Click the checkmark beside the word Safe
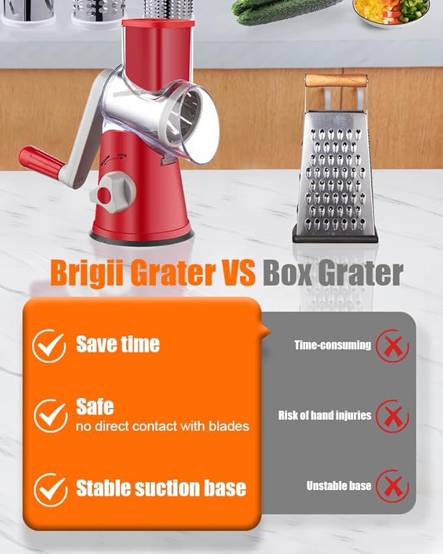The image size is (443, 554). tap(50, 415)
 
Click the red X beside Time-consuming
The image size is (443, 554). tap(392, 346)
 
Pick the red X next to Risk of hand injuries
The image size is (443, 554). tap(392, 416)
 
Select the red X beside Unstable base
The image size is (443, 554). tap(392, 486)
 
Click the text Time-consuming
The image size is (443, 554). tap(332, 346)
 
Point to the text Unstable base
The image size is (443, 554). tap(339, 486)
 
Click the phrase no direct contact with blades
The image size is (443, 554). tap(162, 427)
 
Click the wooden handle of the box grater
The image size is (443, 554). tap(335, 80)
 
